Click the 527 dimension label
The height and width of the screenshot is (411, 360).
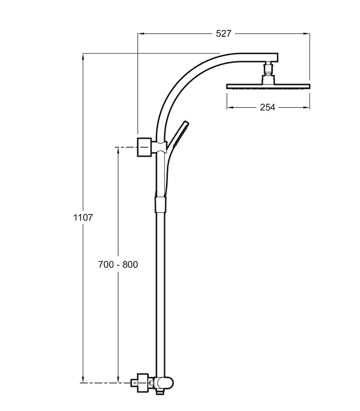pos(224,34)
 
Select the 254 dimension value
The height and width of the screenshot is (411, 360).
pos(268,107)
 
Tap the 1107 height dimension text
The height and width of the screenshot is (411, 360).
pos(83,218)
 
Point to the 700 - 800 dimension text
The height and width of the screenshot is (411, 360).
pos(118,264)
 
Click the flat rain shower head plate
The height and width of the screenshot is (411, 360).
pos(268,86)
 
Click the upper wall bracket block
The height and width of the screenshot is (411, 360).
pos(144,147)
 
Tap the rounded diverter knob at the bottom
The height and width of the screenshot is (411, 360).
pos(167,384)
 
